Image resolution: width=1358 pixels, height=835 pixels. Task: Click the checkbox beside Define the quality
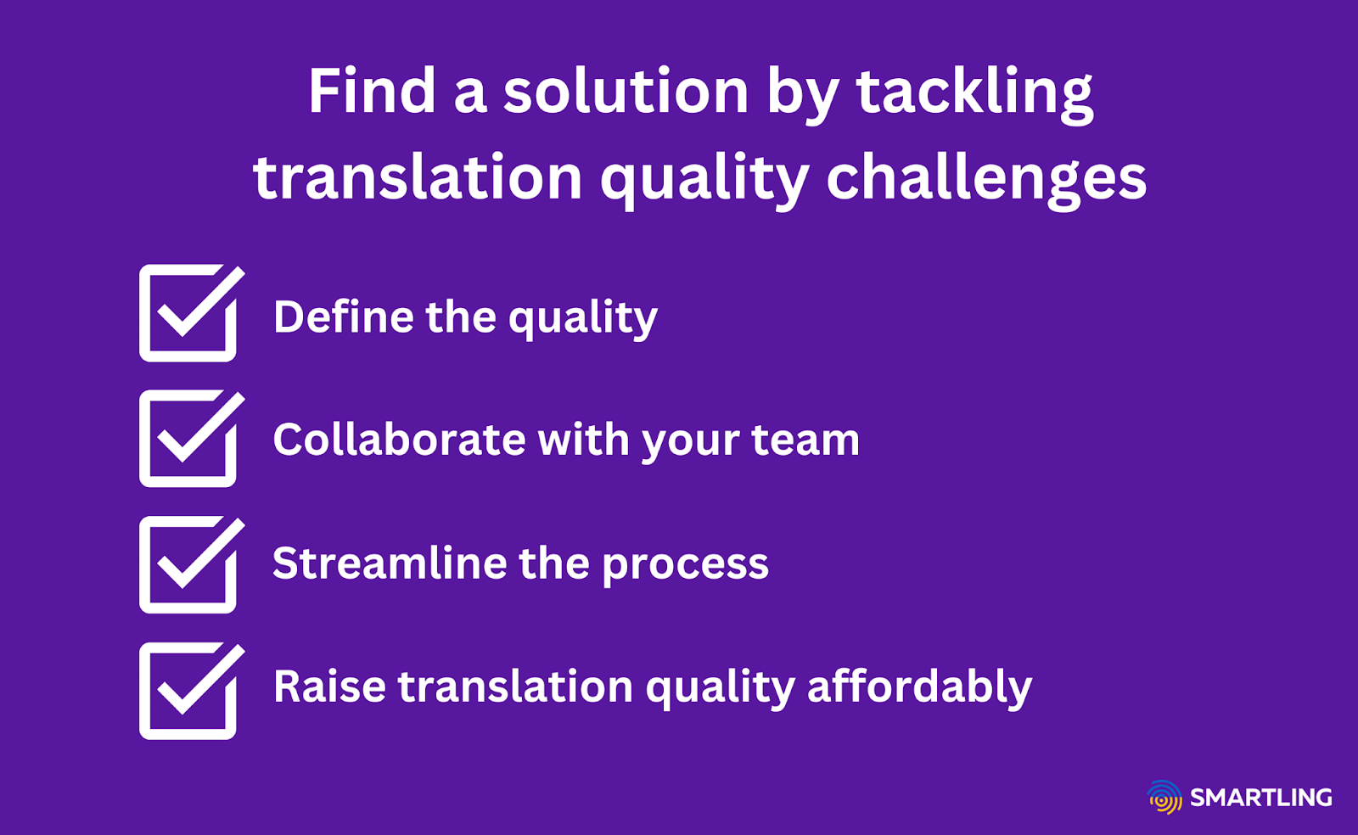point(188,314)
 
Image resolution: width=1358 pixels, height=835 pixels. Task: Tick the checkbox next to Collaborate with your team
point(188,440)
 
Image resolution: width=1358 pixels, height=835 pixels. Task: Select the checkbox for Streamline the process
point(188,565)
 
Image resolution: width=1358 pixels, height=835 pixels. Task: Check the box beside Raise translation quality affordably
point(188,691)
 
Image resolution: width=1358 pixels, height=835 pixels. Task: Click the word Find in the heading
point(372,91)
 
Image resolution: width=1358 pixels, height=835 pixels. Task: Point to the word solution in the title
point(626,91)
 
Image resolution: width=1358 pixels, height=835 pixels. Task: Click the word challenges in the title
point(986,178)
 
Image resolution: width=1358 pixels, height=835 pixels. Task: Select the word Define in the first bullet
point(344,317)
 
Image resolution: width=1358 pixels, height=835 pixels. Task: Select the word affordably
point(919,686)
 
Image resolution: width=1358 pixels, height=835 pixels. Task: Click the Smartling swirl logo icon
point(1164,798)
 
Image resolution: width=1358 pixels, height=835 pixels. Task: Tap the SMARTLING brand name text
point(1261,798)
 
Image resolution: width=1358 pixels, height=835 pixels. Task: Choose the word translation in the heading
point(418,178)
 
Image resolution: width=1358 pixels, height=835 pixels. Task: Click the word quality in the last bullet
point(720,687)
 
